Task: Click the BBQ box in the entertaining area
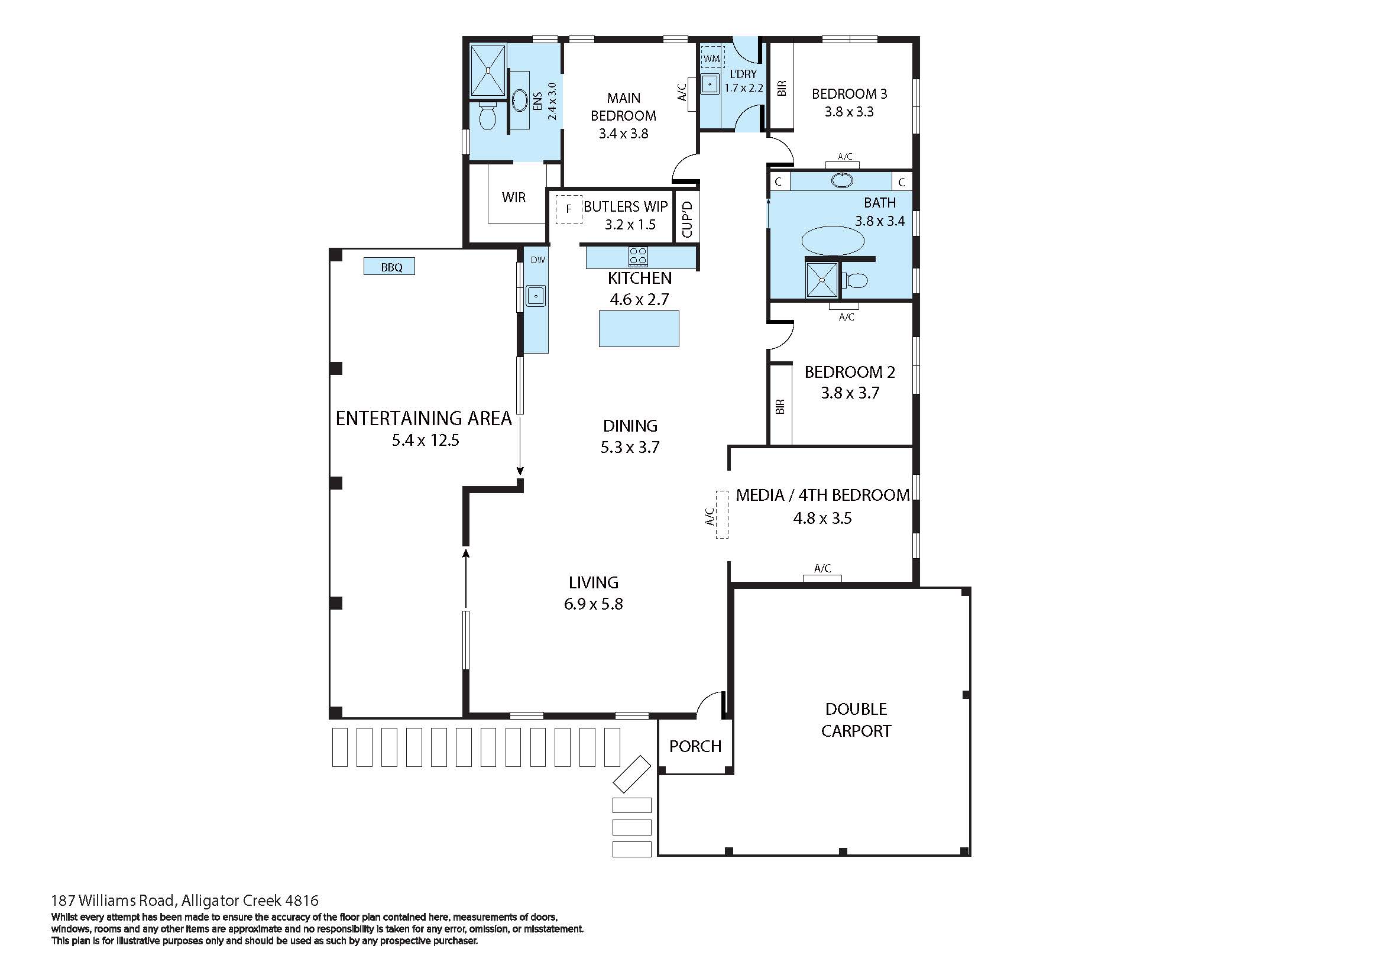coord(389,267)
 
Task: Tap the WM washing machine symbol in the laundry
coord(711,59)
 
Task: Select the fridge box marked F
coord(568,209)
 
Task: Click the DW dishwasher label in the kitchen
coord(537,260)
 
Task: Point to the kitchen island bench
coord(639,329)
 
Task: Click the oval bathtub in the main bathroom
coord(833,240)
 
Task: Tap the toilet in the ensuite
coord(487,117)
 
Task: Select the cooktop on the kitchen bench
coord(638,257)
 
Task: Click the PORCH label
coord(695,747)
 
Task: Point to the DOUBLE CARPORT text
coord(856,720)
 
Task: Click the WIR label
coord(514,197)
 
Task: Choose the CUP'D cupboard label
coord(687,220)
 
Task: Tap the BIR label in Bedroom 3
coord(782,89)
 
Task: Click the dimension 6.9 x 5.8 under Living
coord(593,604)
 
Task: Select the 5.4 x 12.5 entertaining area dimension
coord(425,441)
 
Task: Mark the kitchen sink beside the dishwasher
coord(535,296)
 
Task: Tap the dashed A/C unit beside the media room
coord(721,515)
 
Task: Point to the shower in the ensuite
coord(487,70)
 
